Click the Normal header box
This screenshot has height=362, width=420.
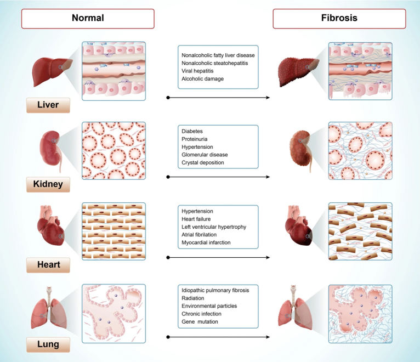[88, 18]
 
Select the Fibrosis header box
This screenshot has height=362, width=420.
[339, 18]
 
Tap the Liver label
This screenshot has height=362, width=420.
[48, 104]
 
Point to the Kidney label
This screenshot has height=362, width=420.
[48, 184]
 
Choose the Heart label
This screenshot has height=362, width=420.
[48, 265]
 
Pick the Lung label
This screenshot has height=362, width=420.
[48, 344]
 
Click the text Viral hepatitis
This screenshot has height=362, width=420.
[197, 71]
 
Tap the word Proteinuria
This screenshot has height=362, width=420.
[195, 139]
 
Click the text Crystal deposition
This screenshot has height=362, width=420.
[202, 163]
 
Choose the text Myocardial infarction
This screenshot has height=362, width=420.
[206, 242]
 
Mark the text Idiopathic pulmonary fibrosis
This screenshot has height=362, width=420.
[214, 290]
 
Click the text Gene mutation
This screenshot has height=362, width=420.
[200, 321]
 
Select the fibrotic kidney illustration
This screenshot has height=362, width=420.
[301, 148]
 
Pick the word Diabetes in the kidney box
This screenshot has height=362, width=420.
[192, 132]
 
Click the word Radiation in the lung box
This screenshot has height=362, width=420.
[194, 298]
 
